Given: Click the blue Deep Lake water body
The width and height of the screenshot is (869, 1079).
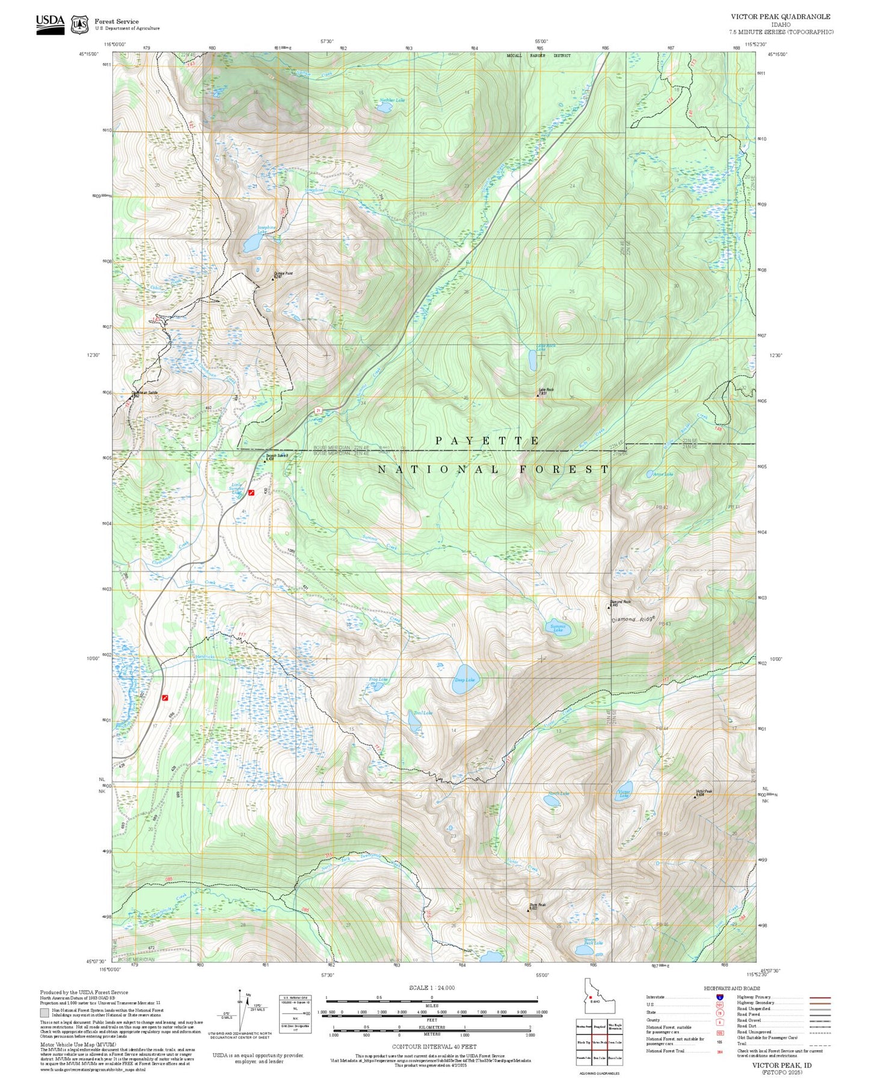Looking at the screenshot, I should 464,680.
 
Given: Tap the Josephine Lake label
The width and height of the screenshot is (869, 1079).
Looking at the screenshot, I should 266,229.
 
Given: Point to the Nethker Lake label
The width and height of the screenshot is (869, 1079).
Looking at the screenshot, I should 392,100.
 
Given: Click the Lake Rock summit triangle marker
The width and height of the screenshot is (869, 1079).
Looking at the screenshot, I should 538,396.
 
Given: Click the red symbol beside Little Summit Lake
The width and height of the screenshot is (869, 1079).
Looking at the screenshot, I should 251,493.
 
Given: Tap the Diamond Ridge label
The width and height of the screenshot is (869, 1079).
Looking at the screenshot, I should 633,619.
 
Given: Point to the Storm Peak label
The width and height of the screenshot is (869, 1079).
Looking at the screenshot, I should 537,905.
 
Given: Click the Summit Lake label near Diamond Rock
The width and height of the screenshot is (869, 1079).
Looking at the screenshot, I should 557,629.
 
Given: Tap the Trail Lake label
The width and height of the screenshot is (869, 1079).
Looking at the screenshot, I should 423,713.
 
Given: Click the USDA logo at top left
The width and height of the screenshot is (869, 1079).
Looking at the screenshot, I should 50,23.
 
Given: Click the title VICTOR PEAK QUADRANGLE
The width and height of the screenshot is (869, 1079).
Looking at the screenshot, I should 780,17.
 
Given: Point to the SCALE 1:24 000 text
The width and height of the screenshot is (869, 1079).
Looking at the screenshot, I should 431,988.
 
